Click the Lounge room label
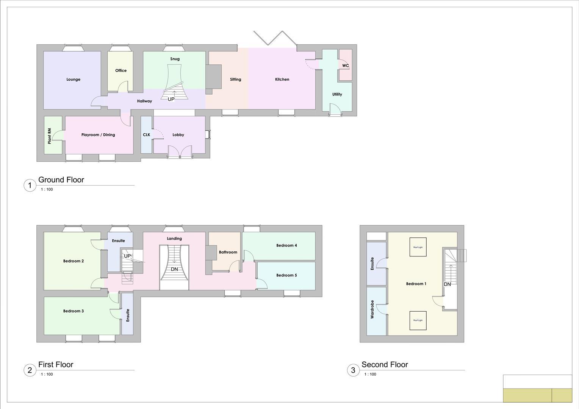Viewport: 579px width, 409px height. (x=73, y=80)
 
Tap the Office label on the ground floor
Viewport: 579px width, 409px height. (x=121, y=70)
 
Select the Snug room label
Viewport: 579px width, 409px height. (x=175, y=59)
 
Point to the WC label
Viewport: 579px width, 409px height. (x=345, y=66)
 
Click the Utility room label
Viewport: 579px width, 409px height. (x=337, y=94)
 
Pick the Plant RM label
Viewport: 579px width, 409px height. (x=50, y=136)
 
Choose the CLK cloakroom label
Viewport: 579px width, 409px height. (x=146, y=135)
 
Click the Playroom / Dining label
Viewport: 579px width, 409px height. (x=98, y=135)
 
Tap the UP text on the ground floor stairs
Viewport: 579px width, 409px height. (x=171, y=99)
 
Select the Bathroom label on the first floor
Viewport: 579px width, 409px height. (x=228, y=252)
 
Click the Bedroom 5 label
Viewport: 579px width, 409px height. (x=286, y=275)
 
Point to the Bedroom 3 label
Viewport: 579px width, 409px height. (x=74, y=311)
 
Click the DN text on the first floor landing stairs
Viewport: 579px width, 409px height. (x=174, y=269)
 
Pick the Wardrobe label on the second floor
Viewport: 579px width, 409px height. (x=372, y=309)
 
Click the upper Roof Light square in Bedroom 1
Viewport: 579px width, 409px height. (x=418, y=247)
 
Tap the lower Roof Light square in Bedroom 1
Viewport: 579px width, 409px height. (x=418, y=320)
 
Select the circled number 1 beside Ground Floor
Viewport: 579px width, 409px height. (x=30, y=186)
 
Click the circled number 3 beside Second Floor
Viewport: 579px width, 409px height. (x=353, y=370)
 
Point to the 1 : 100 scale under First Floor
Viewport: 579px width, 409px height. (x=47, y=375)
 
